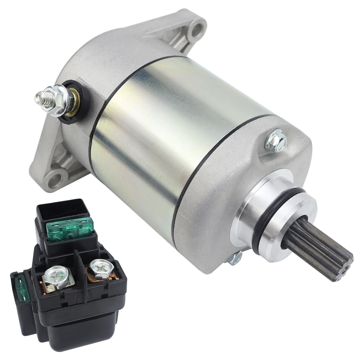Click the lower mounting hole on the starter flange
point(57,174)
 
